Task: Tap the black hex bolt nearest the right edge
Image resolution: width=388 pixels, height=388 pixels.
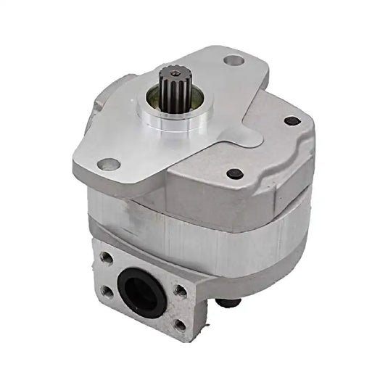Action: coord(292,121)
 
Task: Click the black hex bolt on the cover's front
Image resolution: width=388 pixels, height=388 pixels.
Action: coord(235,174)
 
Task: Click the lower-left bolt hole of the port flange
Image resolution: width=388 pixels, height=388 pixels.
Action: coord(108,291)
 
